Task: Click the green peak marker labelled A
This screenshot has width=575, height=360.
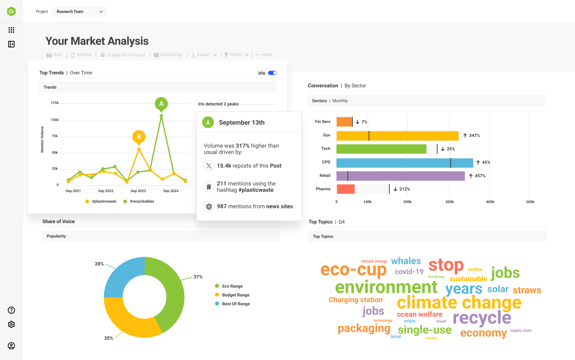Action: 161,103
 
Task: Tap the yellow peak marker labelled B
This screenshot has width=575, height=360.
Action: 139,137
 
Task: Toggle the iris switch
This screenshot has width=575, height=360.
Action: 273,73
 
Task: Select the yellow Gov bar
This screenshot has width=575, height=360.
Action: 397,136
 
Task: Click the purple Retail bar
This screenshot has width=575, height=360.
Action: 400,176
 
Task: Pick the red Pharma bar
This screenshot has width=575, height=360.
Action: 345,189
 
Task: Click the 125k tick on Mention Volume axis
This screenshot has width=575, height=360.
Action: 55,103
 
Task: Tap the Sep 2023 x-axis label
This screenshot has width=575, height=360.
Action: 138,191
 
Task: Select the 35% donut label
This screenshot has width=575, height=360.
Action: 109,338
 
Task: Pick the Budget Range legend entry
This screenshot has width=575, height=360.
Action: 236,295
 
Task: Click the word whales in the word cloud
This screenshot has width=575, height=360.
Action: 406,261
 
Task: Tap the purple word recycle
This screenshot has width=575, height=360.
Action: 482,317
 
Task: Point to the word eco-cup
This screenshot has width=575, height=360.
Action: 353,269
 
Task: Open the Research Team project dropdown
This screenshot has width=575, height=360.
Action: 80,11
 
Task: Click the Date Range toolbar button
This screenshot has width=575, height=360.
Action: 168,55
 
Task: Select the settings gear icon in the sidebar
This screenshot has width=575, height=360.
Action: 11,324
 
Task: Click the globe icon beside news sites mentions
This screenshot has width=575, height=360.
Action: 209,207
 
